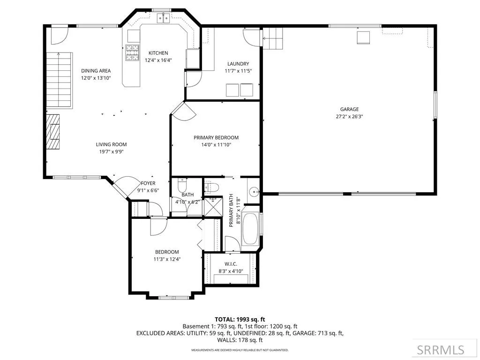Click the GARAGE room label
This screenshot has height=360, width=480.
(x=349, y=109)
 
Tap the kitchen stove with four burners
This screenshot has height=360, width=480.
(x=132, y=52)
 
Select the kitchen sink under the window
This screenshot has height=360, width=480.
(x=164, y=18)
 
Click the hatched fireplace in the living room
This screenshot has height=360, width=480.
(x=53, y=132)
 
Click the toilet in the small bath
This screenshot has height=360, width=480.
(x=182, y=185)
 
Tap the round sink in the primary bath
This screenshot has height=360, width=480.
(x=254, y=192)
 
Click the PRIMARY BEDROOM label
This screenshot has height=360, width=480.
(x=216, y=138)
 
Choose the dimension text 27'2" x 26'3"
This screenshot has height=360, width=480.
(x=349, y=116)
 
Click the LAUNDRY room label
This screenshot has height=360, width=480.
(x=238, y=64)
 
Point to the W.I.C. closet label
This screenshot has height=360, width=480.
(x=231, y=264)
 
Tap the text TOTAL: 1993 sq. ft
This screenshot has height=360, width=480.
(x=240, y=320)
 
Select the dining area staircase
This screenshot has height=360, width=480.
(x=60, y=80)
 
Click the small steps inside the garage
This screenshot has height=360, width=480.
(x=272, y=38)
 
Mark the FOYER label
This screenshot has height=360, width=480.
(x=148, y=183)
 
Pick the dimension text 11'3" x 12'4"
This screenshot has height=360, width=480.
(x=167, y=259)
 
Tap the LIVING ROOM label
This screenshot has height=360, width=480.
(x=111, y=144)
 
